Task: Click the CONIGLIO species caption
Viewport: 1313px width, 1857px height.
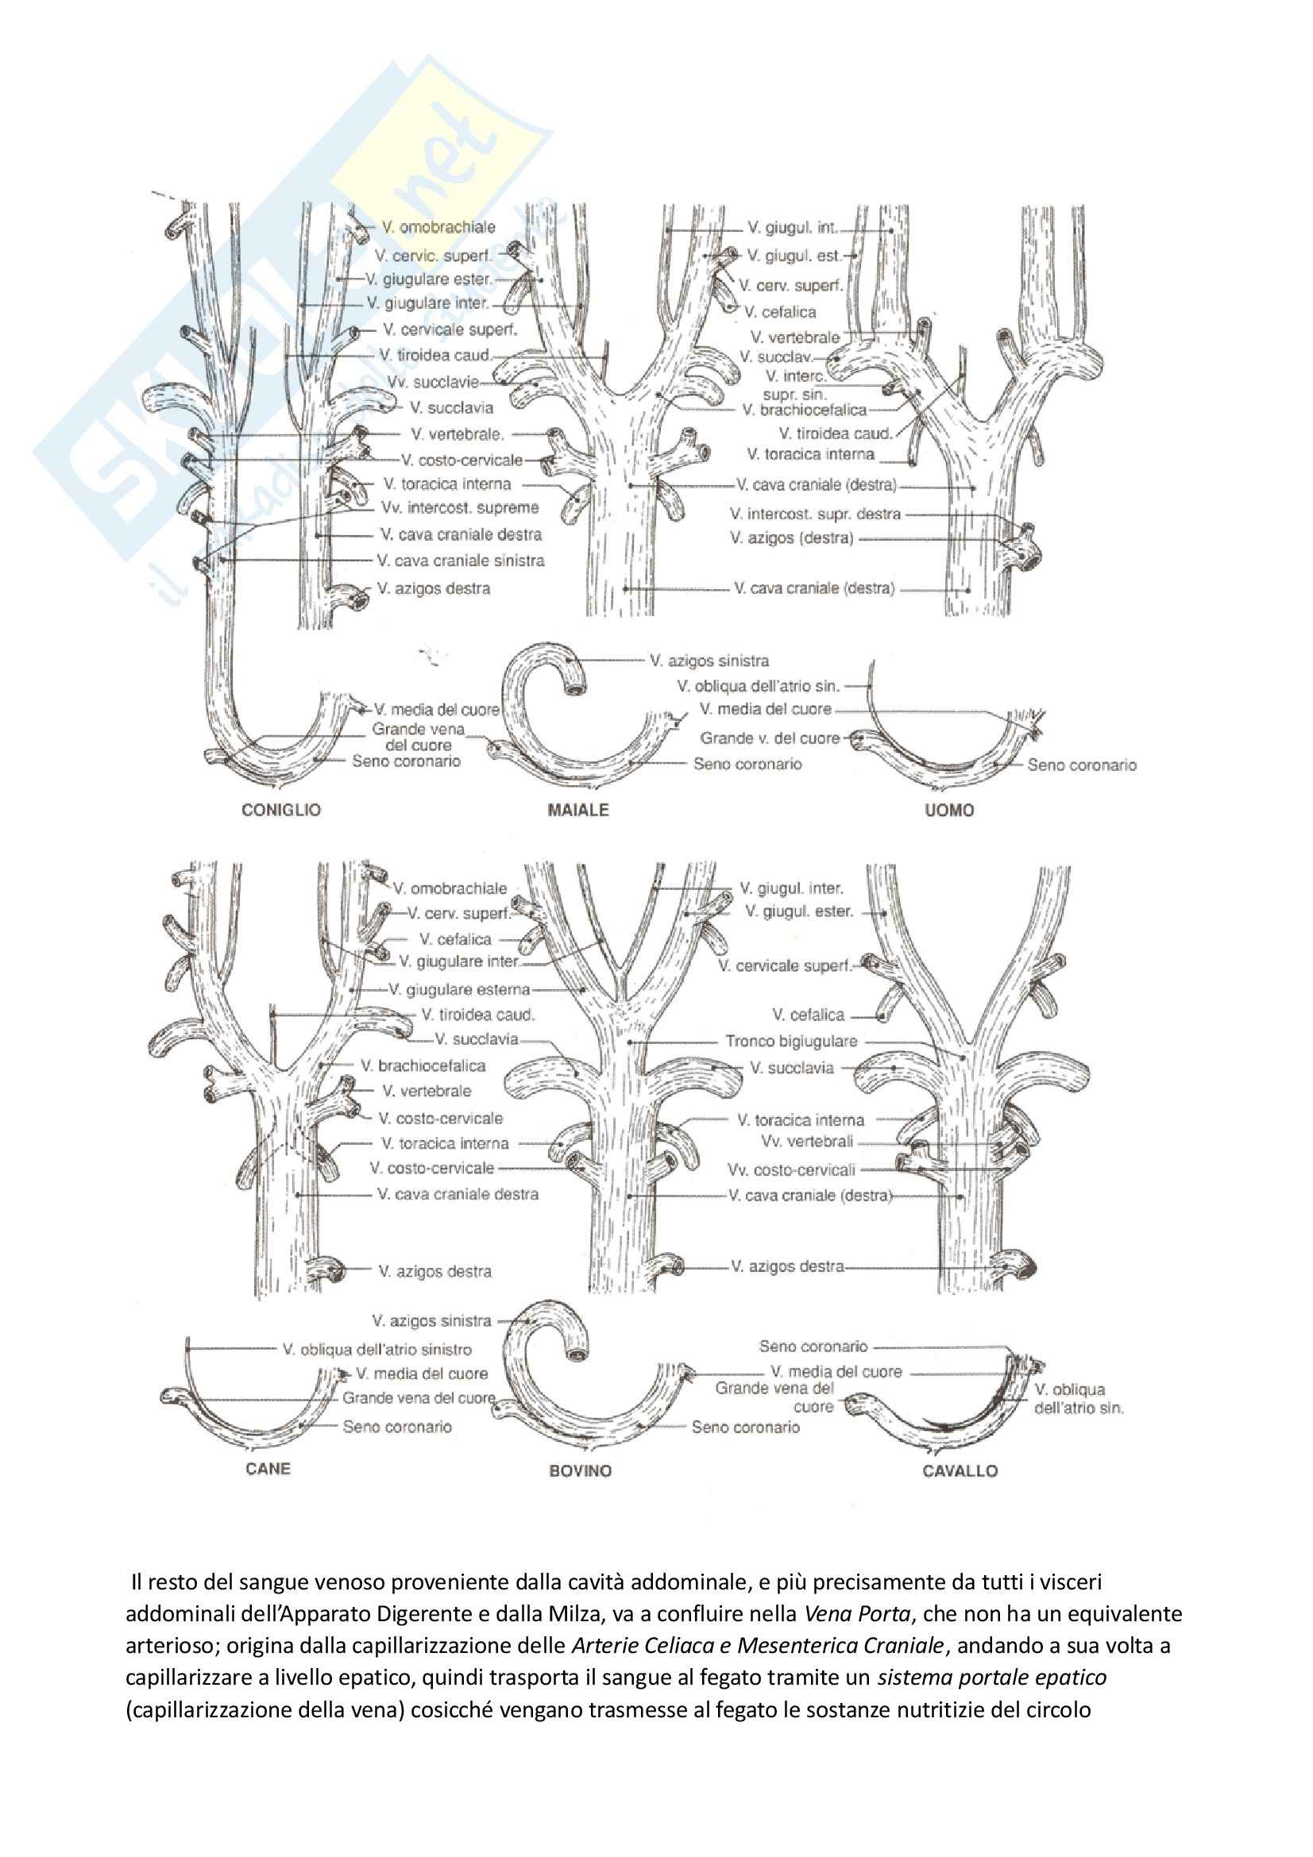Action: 280,810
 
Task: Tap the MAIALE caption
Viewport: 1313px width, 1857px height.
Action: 577,810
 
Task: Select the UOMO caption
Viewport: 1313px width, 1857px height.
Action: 949,810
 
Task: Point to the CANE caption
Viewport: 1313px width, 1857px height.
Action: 268,1468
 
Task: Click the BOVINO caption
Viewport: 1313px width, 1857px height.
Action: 580,1470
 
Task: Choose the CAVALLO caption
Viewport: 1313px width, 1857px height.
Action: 960,1470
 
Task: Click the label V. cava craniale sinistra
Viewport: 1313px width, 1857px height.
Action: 461,561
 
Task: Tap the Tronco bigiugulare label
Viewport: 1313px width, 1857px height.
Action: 790,1041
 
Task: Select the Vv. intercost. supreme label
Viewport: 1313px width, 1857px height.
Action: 459,508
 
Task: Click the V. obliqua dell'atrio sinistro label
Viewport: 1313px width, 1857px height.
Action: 377,1349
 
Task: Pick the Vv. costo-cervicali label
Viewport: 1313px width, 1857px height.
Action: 790,1169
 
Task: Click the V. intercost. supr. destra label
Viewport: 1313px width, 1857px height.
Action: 815,514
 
